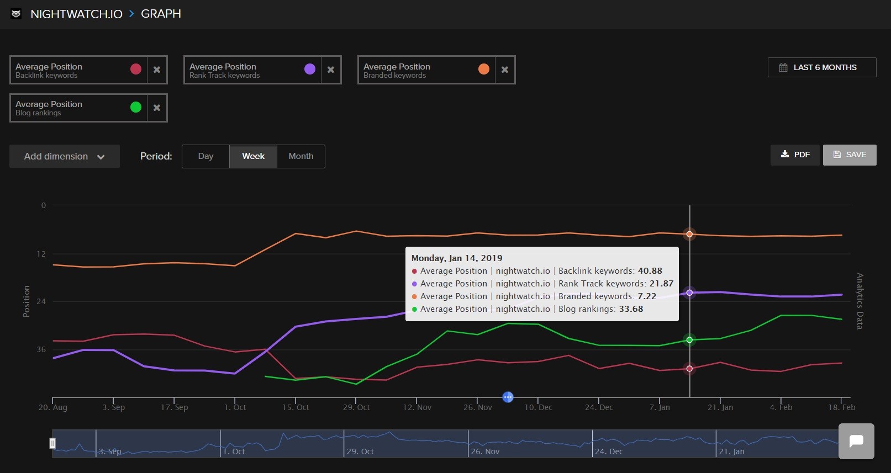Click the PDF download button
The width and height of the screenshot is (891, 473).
[x=795, y=155]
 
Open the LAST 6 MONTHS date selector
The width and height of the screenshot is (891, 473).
[x=821, y=67]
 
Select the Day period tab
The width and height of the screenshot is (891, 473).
[x=205, y=156]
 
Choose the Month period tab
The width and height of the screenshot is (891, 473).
[x=300, y=156]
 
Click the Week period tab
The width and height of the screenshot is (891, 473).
[x=253, y=156]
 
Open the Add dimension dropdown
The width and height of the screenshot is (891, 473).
[x=64, y=156]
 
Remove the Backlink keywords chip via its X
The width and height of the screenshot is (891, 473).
[x=157, y=70]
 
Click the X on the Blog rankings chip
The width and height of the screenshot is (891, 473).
[x=157, y=108]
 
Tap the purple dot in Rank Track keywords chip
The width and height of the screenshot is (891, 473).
[x=310, y=69]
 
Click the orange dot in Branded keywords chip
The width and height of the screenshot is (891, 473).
[x=484, y=69]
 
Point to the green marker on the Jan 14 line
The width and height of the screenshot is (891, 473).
[x=689, y=340]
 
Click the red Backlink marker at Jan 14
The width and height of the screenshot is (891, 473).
[x=689, y=369]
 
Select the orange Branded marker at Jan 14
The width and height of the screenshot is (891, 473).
[x=689, y=234]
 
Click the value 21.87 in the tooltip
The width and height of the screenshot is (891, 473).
[x=661, y=284]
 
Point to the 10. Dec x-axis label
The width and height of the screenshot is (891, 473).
[x=538, y=407]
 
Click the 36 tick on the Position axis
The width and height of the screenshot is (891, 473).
[x=41, y=349]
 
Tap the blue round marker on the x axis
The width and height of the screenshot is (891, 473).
[x=508, y=397]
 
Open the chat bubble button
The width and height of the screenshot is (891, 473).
[x=856, y=441]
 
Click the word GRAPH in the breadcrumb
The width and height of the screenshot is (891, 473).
[x=161, y=14]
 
